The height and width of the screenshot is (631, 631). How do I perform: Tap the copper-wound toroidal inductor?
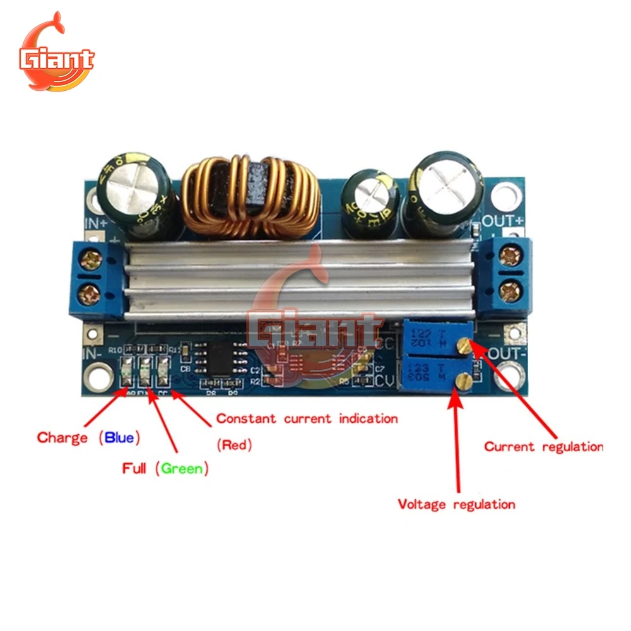(x=251, y=198)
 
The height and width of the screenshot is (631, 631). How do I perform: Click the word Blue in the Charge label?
(x=119, y=437)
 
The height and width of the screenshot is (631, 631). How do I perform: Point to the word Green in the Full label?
(x=182, y=469)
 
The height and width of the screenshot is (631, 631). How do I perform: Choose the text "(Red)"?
(x=234, y=445)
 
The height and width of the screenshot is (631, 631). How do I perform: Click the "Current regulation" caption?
(x=543, y=447)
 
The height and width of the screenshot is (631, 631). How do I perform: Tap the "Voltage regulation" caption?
(x=456, y=504)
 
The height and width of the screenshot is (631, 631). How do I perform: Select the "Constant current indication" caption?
(x=307, y=418)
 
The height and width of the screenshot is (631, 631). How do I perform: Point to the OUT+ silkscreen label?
(x=503, y=221)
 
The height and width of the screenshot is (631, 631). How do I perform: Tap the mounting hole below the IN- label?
(x=97, y=377)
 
